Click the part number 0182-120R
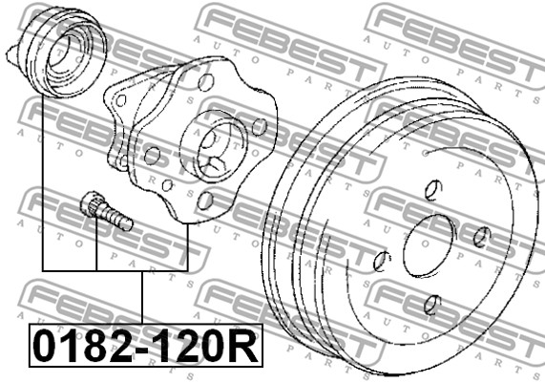point(146,346)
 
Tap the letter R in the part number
point(245,346)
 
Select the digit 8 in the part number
point(96,346)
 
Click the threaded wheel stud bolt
point(106,211)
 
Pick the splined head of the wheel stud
point(90,202)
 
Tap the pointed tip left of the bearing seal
point(9,54)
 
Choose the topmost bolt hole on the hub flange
point(205,82)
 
